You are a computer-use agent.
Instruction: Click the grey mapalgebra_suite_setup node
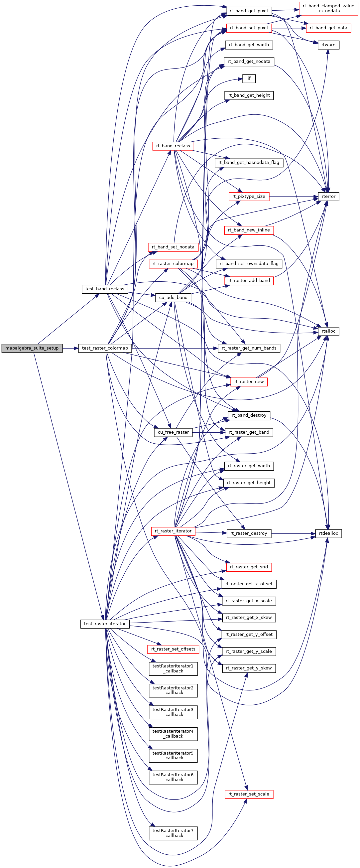tap(32, 348)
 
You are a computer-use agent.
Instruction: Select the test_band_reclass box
tap(105, 289)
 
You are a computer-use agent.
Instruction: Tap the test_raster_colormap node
tap(105, 348)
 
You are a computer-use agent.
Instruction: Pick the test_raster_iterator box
tap(105, 624)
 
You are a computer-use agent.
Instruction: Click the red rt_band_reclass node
tap(173, 146)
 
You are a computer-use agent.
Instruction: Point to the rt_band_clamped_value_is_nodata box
tap(328, 8)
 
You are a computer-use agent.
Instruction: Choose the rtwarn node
tap(328, 45)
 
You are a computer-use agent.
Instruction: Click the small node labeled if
tap(249, 78)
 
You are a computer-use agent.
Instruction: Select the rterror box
tap(328, 197)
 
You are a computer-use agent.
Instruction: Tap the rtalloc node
tap(328, 331)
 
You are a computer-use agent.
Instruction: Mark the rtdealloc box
tap(328, 533)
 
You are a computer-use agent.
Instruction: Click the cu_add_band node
tap(173, 298)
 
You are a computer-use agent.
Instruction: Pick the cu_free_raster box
tap(173, 432)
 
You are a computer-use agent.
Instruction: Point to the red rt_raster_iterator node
tap(173, 531)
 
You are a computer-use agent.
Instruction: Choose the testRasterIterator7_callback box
tap(173, 833)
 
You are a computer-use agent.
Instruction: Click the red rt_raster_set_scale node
tap(249, 794)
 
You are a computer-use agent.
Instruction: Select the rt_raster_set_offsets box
tap(173, 649)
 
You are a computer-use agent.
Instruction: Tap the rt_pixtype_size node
tap(249, 197)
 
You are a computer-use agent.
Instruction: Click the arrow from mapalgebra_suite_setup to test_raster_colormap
tap(70, 348)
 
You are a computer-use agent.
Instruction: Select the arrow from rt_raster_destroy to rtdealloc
tap(293, 534)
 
